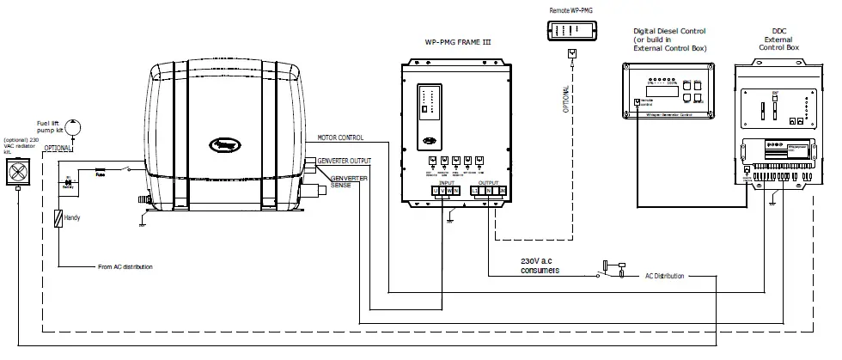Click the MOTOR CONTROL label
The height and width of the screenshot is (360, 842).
[340, 137]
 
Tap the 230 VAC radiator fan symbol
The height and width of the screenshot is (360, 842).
[19, 174]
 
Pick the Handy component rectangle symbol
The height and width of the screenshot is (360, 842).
[58, 219]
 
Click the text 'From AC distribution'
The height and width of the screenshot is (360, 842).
[125, 267]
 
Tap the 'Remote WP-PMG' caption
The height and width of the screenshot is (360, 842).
[571, 9]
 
